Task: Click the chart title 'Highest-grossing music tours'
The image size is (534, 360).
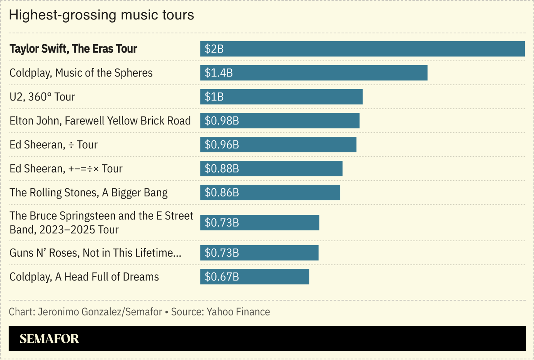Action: [101, 15]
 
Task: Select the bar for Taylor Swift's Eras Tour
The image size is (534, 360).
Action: [362, 49]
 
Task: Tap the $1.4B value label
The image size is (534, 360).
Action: [219, 73]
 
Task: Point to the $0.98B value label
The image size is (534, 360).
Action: [222, 121]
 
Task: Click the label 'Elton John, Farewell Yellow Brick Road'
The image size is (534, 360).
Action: [100, 121]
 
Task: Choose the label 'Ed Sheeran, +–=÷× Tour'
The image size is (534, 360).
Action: [66, 169]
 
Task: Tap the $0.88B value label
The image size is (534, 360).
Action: [222, 168]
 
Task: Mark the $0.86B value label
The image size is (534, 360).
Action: [222, 192]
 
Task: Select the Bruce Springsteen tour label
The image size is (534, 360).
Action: [101, 223]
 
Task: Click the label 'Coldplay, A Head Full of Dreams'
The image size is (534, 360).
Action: [84, 277]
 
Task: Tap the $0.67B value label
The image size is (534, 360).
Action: [222, 277]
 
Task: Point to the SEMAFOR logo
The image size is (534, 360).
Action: [49, 339]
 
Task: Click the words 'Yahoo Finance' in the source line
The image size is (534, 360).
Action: [238, 312]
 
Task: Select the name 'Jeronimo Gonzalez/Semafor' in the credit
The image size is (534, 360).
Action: [100, 312]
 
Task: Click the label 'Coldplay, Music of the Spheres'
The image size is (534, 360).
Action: [81, 73]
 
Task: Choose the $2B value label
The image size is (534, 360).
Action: [214, 49]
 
